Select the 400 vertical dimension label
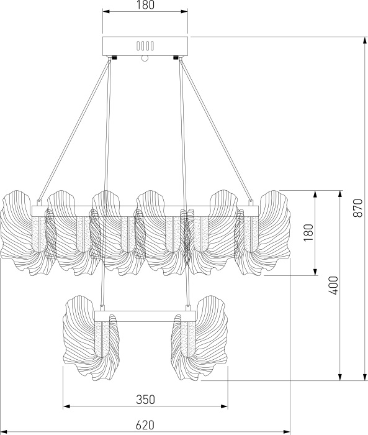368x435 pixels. (334, 285)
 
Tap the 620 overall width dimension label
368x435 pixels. (144, 424)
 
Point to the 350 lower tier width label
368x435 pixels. (145, 399)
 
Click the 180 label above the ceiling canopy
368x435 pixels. (145, 6)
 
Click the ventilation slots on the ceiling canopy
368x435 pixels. (145, 46)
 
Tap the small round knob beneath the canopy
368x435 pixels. (145, 59)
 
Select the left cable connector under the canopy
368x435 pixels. (113, 58)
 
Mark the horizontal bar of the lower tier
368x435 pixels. (145, 316)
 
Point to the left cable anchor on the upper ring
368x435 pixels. (39, 203)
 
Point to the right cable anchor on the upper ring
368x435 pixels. (251, 203)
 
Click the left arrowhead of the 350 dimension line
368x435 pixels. (66, 407)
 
